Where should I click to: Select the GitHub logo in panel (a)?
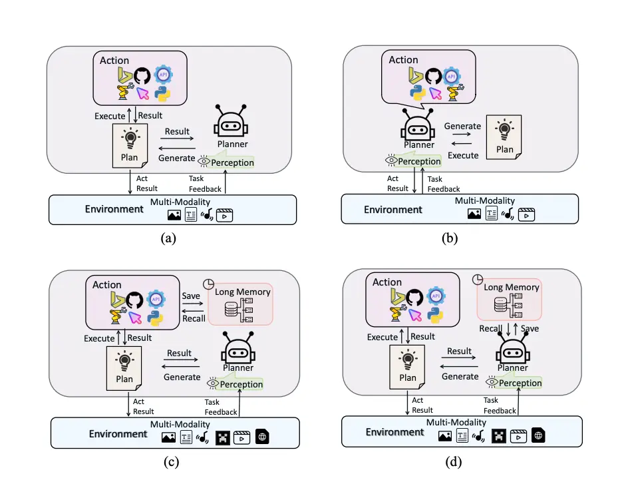pos(142,75)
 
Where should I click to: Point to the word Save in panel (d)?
pos(530,329)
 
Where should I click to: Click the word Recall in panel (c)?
pos(194,318)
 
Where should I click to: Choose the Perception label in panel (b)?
pos(419,161)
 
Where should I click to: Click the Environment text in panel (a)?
pos(114,209)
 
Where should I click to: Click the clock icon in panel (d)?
pos(477,280)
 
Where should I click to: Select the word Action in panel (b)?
pos(403,60)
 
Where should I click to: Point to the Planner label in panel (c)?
pos(238,367)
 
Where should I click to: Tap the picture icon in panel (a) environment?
pos(175,215)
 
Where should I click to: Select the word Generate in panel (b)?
pos(462,126)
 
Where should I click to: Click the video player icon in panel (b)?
pos(526,214)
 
